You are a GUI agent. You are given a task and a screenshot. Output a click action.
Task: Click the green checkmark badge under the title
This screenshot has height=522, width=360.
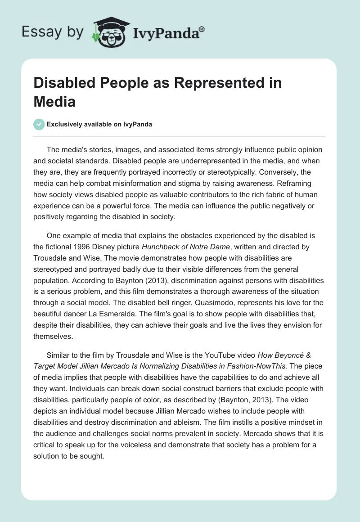[39, 124]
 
